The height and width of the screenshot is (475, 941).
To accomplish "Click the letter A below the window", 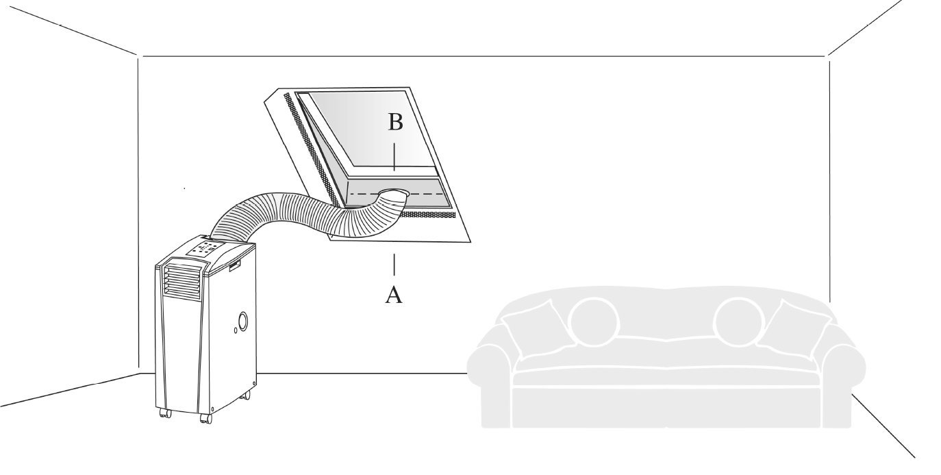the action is [394, 295].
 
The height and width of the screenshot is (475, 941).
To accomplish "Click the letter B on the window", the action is [395, 122].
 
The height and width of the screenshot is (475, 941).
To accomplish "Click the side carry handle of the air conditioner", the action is [234, 266].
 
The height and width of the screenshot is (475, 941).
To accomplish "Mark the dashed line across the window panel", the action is [397, 194].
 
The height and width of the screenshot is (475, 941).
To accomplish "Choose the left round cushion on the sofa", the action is [594, 321].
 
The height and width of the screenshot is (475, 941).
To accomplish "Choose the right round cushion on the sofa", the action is [738, 321].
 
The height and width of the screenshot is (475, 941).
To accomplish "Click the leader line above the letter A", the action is [394, 265].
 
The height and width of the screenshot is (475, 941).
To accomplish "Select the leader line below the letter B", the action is [394, 157].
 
